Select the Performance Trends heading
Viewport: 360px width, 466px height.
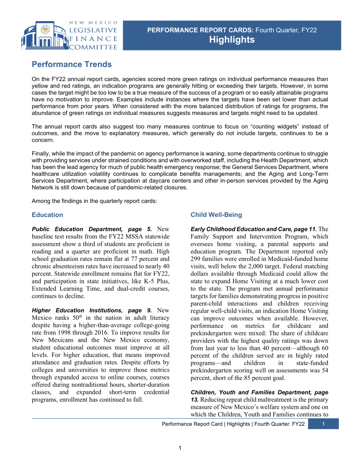[72, 64]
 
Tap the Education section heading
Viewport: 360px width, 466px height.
[47, 215]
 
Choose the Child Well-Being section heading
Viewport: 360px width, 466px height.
[216, 215]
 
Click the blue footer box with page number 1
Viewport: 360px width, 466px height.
[323, 424]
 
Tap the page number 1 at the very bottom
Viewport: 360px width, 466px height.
[180, 448]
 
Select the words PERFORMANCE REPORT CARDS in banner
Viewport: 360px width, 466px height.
[200, 30]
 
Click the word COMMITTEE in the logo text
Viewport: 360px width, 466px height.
[93, 47]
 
